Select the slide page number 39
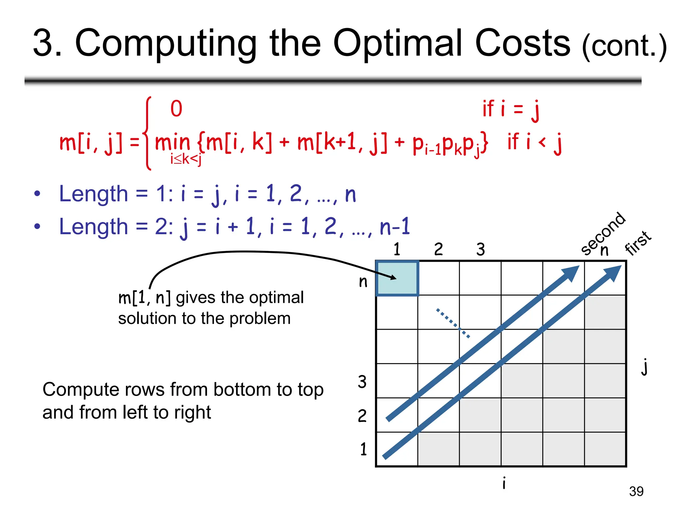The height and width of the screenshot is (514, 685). (636, 491)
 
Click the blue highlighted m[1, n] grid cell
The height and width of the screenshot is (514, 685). (397, 278)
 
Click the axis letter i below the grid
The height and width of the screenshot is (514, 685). (504, 483)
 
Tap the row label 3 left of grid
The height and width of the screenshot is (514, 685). (362, 382)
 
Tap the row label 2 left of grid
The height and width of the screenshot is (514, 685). (362, 416)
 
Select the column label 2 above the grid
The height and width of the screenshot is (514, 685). (438, 249)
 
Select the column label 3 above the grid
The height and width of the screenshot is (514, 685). (481, 249)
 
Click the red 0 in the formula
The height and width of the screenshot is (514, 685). (176, 109)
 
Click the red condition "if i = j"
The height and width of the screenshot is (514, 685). (511, 109)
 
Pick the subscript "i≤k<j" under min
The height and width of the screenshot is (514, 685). (186, 159)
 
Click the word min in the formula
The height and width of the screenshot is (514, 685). (172, 142)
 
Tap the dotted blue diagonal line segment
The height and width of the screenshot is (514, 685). (453, 323)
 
